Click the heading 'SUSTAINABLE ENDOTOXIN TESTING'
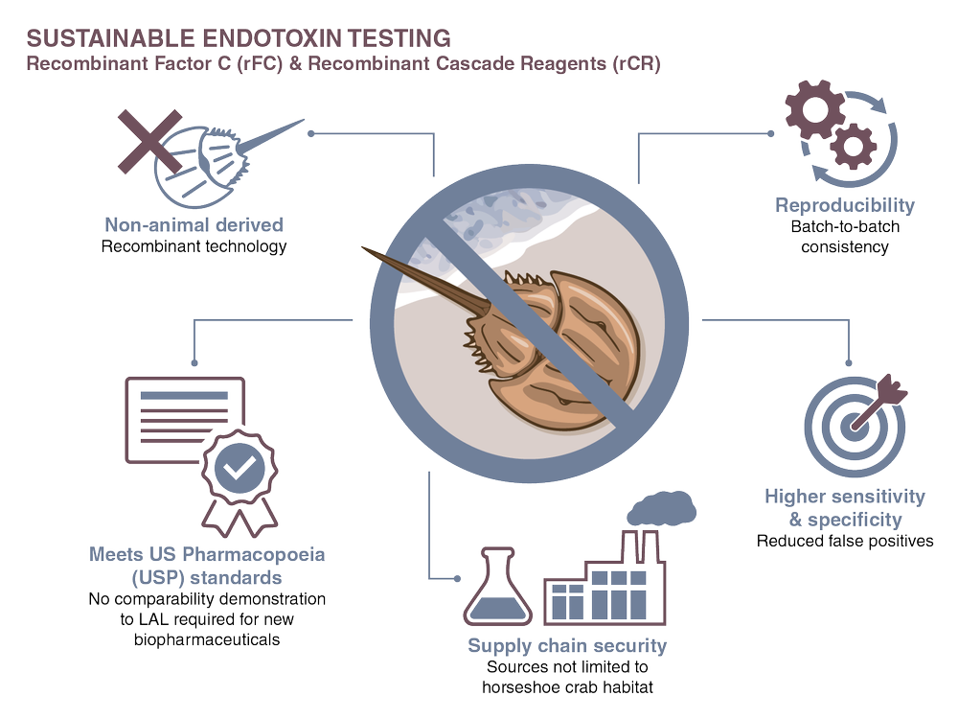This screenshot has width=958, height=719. click(x=239, y=39)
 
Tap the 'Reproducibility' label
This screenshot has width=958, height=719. click(x=844, y=205)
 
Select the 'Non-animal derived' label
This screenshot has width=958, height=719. click(x=194, y=225)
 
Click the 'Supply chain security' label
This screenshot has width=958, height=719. click(x=567, y=645)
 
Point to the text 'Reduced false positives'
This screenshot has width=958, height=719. click(x=845, y=541)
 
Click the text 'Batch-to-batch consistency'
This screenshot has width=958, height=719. click(x=844, y=237)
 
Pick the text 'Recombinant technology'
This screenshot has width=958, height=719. click(x=194, y=247)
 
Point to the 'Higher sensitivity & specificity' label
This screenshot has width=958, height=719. click(x=845, y=507)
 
